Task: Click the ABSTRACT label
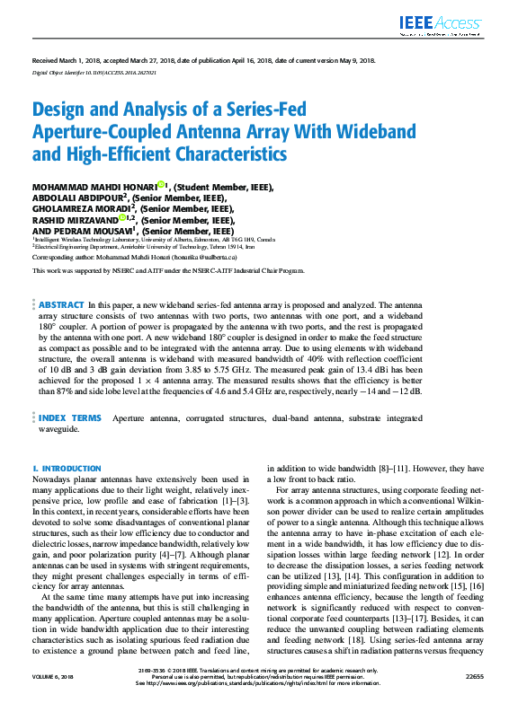61,306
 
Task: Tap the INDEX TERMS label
70,418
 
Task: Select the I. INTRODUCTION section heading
67,469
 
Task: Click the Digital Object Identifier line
94,72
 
